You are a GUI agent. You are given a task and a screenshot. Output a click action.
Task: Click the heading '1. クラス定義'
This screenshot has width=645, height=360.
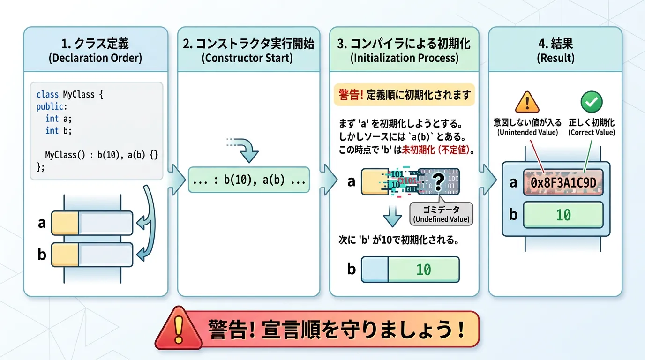(95, 44)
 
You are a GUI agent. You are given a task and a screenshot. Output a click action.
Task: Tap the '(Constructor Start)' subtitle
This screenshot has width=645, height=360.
(248, 58)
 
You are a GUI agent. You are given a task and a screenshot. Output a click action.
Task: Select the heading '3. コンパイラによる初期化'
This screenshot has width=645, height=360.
(404, 44)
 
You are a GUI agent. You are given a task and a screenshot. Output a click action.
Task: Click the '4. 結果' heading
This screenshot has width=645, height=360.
(555, 44)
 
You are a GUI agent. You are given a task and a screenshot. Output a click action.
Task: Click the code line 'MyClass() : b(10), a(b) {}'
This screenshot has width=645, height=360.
(101, 155)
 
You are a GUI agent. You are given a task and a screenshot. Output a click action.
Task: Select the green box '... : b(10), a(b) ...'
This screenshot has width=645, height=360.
(248, 180)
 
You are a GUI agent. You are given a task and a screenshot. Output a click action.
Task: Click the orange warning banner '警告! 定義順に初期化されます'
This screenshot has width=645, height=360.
(404, 95)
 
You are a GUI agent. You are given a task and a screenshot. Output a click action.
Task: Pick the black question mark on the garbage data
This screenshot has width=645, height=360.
(438, 180)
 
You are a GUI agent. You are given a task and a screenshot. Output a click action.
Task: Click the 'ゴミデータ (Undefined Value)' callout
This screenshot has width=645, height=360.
(441, 214)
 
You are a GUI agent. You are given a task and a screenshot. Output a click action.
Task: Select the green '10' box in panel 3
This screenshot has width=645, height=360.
(423, 269)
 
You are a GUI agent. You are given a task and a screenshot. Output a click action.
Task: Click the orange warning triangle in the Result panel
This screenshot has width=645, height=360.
(527, 102)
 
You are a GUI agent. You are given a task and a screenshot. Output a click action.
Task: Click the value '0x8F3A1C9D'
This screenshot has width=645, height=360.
(563, 182)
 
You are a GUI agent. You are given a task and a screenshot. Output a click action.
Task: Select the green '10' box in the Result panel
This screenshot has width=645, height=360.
(563, 215)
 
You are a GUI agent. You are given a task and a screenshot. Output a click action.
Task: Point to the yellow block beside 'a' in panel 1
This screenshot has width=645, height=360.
(65, 223)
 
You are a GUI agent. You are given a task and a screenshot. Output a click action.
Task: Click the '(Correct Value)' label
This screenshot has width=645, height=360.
(592, 133)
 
